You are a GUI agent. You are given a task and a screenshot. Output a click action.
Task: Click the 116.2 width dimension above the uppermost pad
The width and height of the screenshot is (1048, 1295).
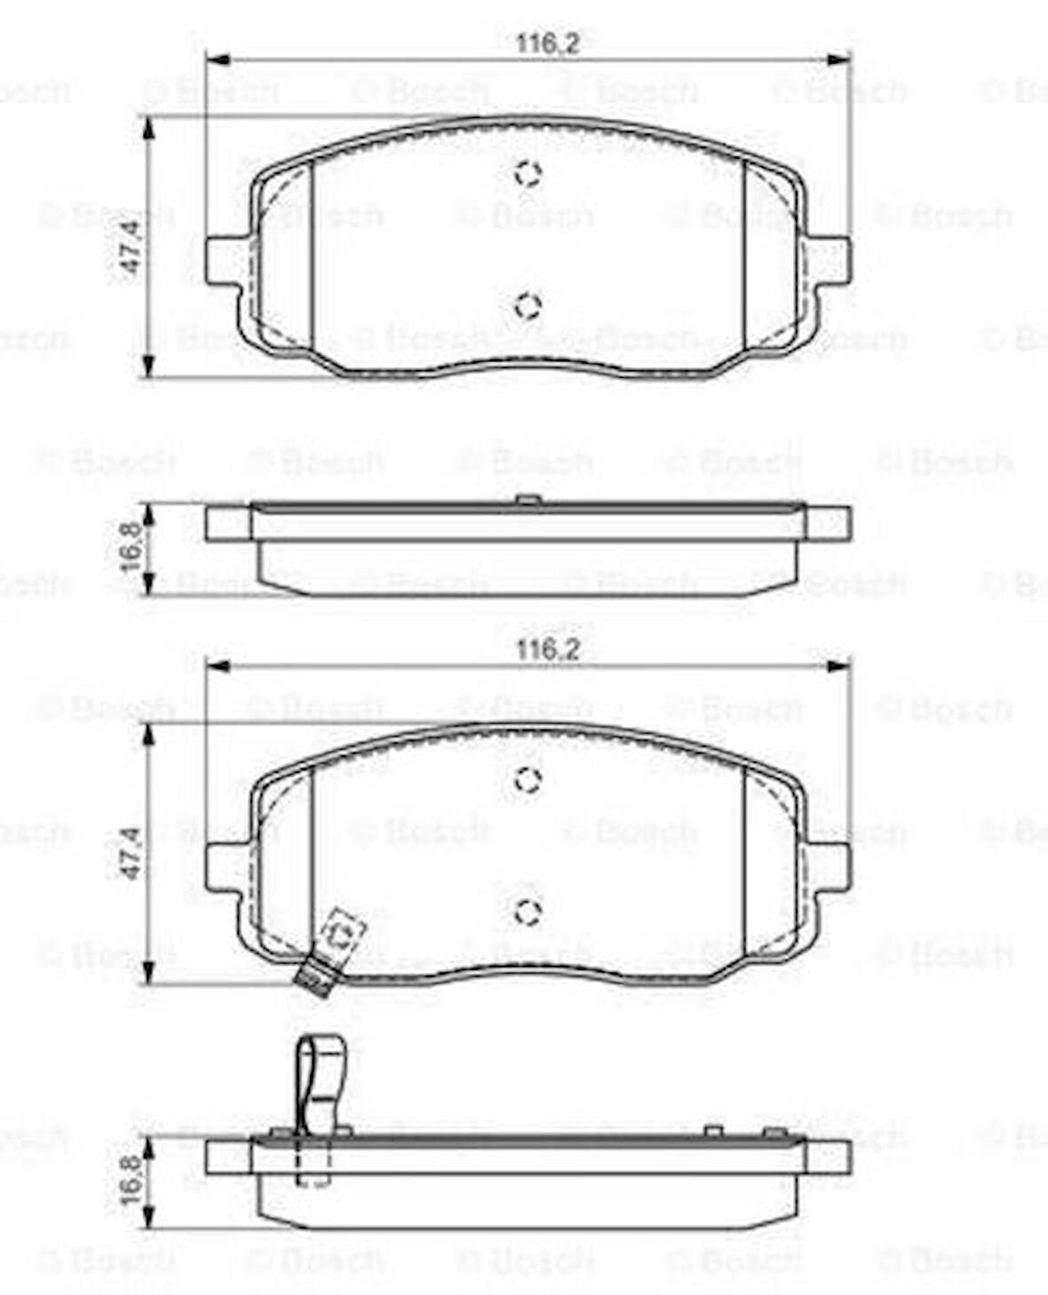tap(548, 43)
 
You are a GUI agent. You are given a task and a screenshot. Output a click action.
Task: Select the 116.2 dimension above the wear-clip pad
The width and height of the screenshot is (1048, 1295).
tap(548, 650)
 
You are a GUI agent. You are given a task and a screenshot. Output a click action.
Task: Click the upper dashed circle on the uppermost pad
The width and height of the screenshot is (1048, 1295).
tap(528, 174)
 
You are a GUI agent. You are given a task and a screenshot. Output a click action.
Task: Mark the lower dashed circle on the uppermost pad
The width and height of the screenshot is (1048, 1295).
tap(528, 305)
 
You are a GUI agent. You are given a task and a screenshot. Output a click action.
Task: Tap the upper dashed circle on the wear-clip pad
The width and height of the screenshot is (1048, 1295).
tap(528, 779)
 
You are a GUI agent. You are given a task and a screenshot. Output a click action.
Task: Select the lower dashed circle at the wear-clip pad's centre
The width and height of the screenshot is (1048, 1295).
tap(528, 910)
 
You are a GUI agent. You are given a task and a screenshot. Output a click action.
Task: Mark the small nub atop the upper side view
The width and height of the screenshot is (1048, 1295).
tap(528, 501)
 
